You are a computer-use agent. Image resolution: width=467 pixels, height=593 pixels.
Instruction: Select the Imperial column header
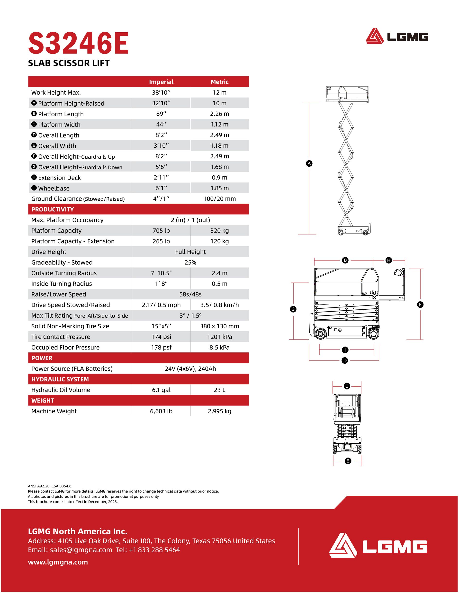coord(161,82)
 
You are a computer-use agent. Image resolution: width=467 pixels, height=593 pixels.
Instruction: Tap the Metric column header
coord(219,82)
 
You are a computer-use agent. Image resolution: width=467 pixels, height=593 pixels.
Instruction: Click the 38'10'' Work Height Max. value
coord(161,92)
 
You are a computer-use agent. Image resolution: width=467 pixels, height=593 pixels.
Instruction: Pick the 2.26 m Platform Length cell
coord(219,114)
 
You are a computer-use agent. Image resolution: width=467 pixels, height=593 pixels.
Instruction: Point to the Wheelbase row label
coord(54,188)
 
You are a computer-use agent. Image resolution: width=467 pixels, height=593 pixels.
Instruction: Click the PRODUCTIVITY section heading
coord(53,209)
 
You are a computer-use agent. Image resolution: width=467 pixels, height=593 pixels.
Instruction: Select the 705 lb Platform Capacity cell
coord(161,231)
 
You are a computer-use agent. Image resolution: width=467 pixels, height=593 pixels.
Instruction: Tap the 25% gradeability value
coord(190,262)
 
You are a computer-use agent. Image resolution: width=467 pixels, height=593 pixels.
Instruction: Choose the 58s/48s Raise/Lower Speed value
coord(190,294)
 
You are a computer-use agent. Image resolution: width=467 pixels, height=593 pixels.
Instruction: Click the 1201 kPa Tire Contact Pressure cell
coord(219,337)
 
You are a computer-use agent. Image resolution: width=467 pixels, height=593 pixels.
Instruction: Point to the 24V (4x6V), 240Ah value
coord(190,368)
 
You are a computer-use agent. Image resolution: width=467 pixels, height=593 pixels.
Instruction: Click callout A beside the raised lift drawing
coord(309,163)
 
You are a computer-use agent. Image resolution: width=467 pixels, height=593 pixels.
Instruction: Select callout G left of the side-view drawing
coord(293,309)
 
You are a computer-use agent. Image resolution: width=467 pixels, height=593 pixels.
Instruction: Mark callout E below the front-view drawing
coord(348,461)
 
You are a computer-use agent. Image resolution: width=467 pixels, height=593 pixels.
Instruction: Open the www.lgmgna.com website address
coord(58,562)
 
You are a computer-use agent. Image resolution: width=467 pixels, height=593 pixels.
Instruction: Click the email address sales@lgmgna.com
coord(81,550)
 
